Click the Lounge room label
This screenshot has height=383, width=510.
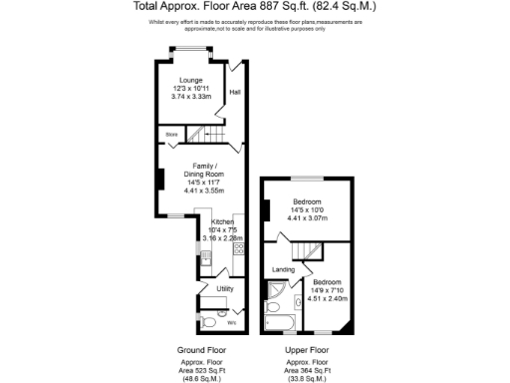pos(191,79)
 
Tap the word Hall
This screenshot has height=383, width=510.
pos(235,92)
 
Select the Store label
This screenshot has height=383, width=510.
pos(171,132)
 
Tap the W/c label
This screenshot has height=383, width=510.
pos(231,322)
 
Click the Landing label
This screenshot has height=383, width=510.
pos(284,268)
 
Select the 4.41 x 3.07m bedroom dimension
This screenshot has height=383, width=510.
pos(307,218)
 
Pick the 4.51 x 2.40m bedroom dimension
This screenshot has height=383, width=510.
pos(328,296)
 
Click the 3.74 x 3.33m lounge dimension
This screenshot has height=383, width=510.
pos(191,98)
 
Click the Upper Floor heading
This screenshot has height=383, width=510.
pos(306,350)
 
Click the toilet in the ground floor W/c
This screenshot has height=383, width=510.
pos(209,322)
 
